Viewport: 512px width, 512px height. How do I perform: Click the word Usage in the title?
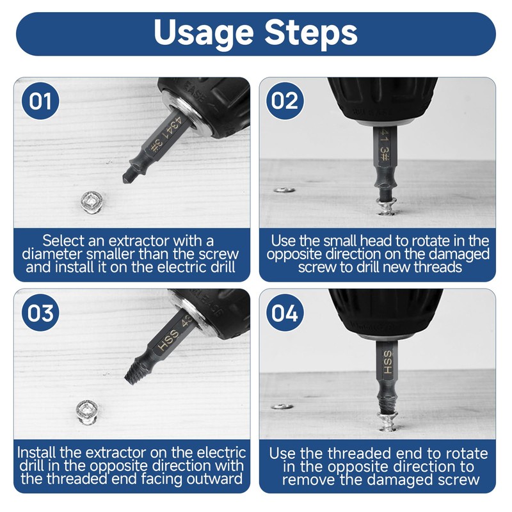click(x=204, y=33)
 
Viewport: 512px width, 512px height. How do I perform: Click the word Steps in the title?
click(x=311, y=33)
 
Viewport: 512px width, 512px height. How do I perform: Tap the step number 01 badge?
click(x=40, y=100)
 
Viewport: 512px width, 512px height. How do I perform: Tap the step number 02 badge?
click(x=285, y=100)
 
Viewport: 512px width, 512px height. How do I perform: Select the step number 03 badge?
click(x=40, y=312)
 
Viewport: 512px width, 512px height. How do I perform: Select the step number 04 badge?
click(x=285, y=312)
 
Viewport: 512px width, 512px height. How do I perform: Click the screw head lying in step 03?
click(x=87, y=412)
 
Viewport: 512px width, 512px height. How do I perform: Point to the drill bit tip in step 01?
click(x=125, y=180)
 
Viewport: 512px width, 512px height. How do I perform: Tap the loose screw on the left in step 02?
click(x=284, y=189)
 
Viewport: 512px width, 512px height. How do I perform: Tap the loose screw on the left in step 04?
click(x=282, y=406)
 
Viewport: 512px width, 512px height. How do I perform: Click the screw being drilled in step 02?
click(x=387, y=206)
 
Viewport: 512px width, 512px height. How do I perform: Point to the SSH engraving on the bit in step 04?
click(x=387, y=362)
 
